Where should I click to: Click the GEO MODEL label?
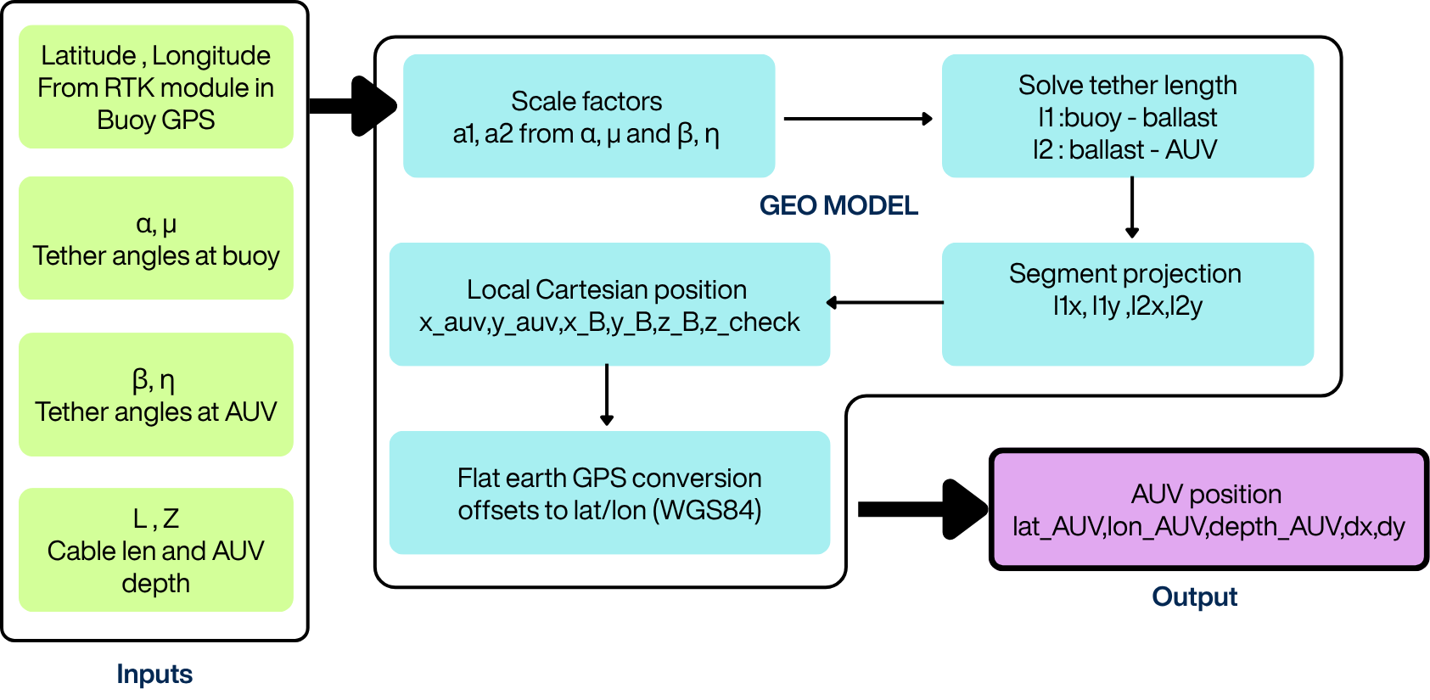pyautogui.click(x=838, y=205)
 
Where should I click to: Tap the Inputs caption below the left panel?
pyautogui.click(x=154, y=674)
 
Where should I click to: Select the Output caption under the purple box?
pyautogui.click(x=1194, y=596)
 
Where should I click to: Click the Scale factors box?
pyautogui.click(x=588, y=116)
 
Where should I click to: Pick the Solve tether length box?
pyautogui.click(x=1127, y=116)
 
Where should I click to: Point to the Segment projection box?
pyautogui.click(x=1127, y=304)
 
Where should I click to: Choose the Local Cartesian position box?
pyautogui.click(x=608, y=305)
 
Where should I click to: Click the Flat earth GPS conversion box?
pyautogui.click(x=608, y=493)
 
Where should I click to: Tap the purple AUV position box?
pyautogui.click(x=1208, y=509)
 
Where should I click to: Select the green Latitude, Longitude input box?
pyautogui.click(x=155, y=87)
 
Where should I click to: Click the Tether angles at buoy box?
pyautogui.click(x=155, y=238)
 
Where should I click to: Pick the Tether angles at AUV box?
pyautogui.click(x=155, y=395)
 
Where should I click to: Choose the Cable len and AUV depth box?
pyautogui.click(x=155, y=550)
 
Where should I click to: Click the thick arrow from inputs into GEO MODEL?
pyautogui.click(x=352, y=106)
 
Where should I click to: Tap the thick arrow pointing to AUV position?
pyautogui.click(x=925, y=509)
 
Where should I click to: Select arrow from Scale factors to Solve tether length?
pyautogui.click(x=857, y=120)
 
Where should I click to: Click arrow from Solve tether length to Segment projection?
pyautogui.click(x=1132, y=207)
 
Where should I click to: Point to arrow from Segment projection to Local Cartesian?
pyautogui.click(x=884, y=302)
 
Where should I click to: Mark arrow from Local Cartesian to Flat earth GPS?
pyautogui.click(x=607, y=395)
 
